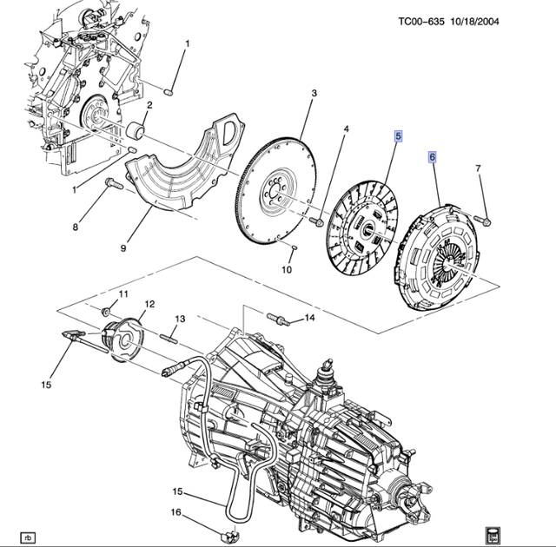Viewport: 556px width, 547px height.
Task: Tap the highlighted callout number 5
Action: pyautogui.click(x=399, y=136)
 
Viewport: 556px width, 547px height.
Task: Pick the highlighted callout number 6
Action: pyautogui.click(x=432, y=157)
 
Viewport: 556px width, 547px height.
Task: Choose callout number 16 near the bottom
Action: pyautogui.click(x=175, y=513)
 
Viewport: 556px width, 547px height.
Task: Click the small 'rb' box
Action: pyautogui.click(x=29, y=537)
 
